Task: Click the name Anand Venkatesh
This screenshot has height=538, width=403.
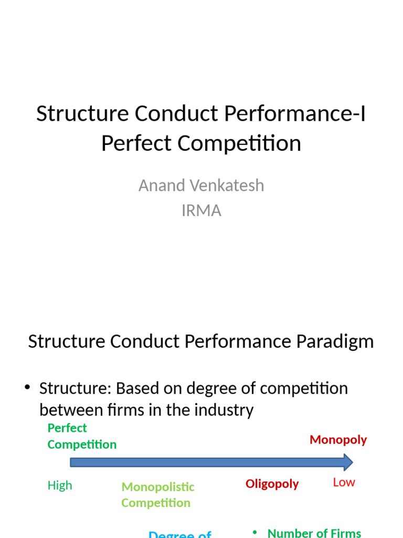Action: tap(201, 185)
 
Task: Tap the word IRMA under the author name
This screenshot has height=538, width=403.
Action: tap(201, 211)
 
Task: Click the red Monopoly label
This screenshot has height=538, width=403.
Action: tap(338, 440)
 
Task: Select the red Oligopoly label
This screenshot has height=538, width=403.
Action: tap(272, 484)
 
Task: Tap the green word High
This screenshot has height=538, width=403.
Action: tap(60, 485)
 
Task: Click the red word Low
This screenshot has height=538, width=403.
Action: tap(344, 482)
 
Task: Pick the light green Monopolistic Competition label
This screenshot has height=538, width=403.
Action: tap(157, 495)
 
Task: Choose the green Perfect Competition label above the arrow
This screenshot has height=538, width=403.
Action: tap(81, 436)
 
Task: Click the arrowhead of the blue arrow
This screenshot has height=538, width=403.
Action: tap(346, 462)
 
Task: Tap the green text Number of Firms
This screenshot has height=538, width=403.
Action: tap(314, 533)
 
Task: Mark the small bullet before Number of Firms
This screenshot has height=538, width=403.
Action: tap(255, 532)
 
